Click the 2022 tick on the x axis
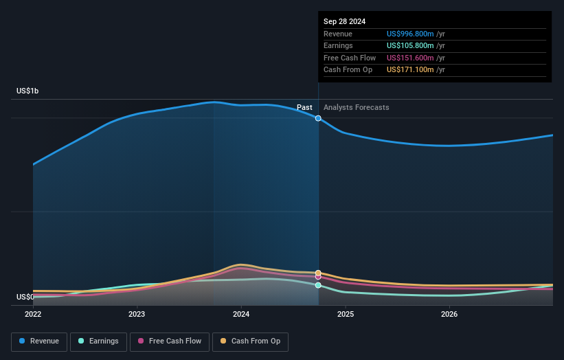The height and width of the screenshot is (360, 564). (33, 314)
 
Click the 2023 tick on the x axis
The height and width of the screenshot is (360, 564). (137, 314)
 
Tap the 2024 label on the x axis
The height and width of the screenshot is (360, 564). (241, 314)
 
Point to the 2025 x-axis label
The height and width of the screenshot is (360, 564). (345, 314)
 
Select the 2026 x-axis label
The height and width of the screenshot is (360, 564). (449, 314)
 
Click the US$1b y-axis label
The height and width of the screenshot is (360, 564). (27, 91)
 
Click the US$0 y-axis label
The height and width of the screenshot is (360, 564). (25, 297)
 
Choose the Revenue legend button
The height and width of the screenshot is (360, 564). (39, 341)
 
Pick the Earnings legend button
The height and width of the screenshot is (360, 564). (98, 341)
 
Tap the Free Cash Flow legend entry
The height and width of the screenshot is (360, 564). (170, 341)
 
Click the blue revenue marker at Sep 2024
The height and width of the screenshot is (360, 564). (318, 118)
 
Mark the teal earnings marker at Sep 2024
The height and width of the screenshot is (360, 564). (318, 285)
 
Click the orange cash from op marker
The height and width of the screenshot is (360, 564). (318, 273)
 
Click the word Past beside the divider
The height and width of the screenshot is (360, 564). (304, 107)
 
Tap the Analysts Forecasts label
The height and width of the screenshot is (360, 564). (356, 107)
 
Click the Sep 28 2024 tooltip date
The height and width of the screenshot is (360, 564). (345, 21)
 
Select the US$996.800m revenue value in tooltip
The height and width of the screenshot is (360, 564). (411, 34)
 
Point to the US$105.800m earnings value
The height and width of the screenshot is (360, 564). (411, 46)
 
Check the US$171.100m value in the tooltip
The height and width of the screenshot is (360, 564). (411, 69)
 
